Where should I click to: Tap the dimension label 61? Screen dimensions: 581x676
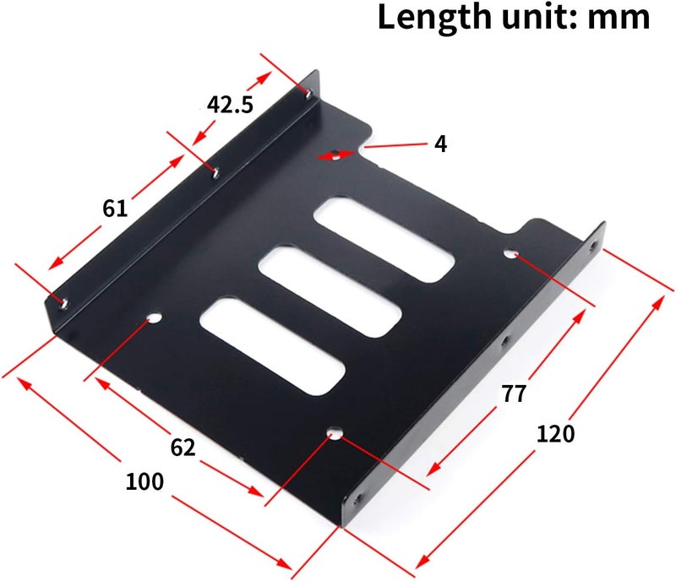coord(115,207)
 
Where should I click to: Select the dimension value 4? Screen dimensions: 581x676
coord(440,144)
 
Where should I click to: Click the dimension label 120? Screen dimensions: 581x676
coord(555,433)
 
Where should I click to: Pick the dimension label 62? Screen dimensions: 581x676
coord(182,447)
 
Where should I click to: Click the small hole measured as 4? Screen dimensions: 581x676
coord(336,154)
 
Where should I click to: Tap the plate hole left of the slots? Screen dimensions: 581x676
coord(153,320)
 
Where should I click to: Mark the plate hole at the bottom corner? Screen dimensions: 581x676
coord(335,436)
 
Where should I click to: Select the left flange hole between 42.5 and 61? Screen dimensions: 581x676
coord(215,172)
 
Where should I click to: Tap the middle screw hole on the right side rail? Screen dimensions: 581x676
coord(505,341)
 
